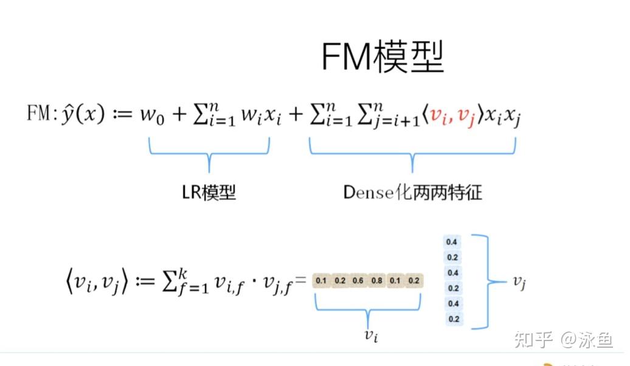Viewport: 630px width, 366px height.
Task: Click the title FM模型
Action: click(x=382, y=57)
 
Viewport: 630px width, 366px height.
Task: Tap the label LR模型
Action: click(x=209, y=193)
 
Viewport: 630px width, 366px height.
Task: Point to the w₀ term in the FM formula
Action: click(x=153, y=115)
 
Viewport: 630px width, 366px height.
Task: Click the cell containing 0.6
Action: click(x=359, y=281)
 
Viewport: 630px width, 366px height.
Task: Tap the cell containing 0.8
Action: click(x=377, y=281)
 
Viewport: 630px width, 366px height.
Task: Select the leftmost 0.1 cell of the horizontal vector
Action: click(x=322, y=281)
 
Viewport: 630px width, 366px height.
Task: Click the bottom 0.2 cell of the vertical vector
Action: click(x=452, y=319)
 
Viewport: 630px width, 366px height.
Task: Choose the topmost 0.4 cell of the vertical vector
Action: click(x=452, y=242)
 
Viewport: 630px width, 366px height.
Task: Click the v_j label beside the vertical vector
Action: click(x=519, y=281)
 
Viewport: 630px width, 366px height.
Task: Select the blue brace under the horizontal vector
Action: click(x=368, y=306)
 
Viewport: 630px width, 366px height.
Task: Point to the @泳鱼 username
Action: click(x=587, y=338)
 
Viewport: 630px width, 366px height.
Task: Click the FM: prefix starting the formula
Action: click(x=41, y=114)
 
